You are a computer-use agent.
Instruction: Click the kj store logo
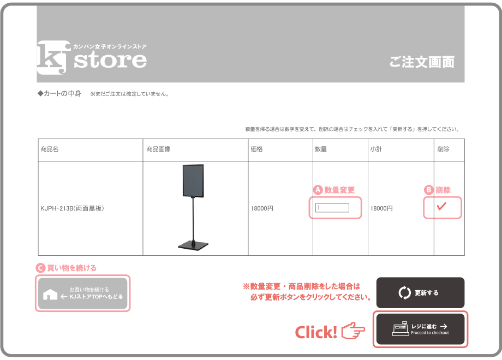click(92, 58)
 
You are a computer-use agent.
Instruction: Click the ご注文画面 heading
click(422, 62)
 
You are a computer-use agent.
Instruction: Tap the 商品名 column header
click(50, 149)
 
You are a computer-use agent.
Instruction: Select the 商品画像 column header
click(158, 149)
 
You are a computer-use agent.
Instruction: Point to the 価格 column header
click(257, 149)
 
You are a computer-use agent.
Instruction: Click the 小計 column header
click(376, 149)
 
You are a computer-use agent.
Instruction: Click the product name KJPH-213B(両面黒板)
click(73, 208)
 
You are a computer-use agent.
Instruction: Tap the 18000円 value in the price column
click(262, 208)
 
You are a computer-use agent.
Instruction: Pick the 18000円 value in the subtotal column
click(381, 208)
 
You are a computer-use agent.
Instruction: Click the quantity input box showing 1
click(332, 208)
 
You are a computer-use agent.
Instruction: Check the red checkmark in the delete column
click(441, 206)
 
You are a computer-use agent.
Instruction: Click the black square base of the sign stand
click(193, 245)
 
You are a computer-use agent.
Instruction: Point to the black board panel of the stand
click(193, 181)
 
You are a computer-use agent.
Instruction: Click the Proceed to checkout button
click(420, 329)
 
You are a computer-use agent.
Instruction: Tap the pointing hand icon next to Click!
click(353, 331)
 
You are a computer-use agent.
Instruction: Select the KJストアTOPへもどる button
click(82, 293)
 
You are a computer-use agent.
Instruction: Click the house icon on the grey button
click(50, 295)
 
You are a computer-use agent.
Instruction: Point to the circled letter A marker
click(318, 190)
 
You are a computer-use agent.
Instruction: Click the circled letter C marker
click(40, 268)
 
